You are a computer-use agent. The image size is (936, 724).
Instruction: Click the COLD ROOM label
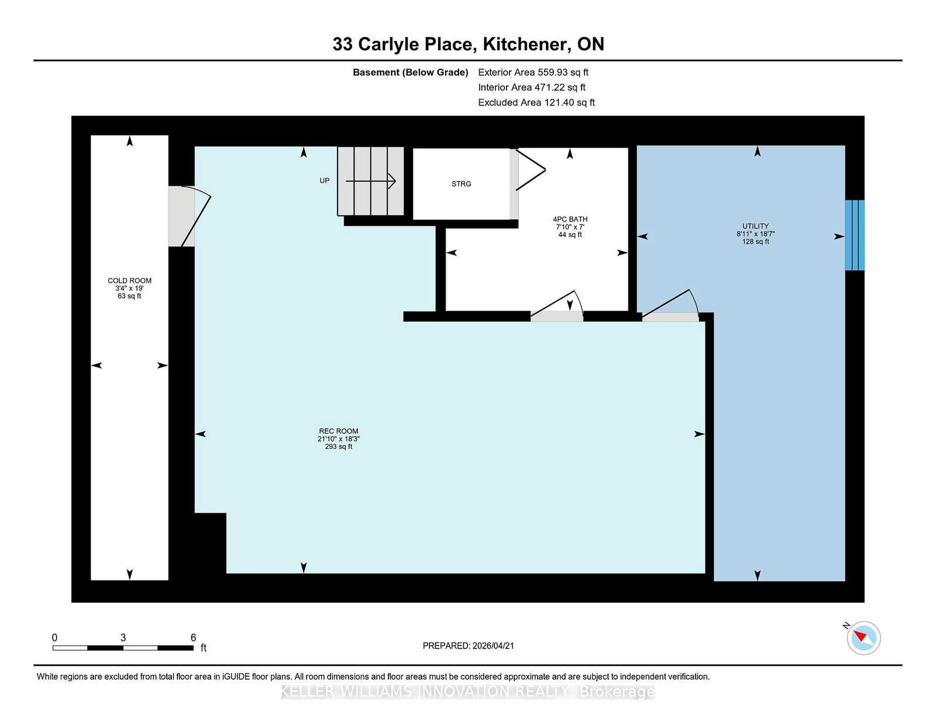coord(129,280)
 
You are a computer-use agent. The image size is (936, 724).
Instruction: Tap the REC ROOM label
coord(339,431)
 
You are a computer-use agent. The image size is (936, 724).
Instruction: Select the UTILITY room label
coord(755,226)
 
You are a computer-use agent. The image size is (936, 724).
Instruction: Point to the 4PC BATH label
coord(570,219)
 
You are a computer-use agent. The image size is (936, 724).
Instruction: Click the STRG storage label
coord(462,184)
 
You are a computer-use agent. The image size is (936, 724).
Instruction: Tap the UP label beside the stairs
coord(324,181)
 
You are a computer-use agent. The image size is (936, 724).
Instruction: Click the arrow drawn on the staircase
coord(370,181)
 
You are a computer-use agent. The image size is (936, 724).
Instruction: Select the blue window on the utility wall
coord(855,235)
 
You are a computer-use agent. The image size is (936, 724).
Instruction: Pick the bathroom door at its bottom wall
coord(556,307)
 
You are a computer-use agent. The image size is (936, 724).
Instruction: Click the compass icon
coord(863,638)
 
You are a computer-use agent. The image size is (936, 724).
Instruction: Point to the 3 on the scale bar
coord(123,637)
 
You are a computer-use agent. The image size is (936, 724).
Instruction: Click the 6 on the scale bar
coord(194,637)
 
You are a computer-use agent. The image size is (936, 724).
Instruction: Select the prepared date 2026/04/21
coord(493,646)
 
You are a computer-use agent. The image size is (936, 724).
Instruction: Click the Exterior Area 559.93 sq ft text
coord(534,73)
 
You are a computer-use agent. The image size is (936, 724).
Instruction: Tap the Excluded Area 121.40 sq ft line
coord(536,102)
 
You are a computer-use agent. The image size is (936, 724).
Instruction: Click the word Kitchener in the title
coord(525,44)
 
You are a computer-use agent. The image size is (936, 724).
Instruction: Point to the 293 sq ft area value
coord(339,447)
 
